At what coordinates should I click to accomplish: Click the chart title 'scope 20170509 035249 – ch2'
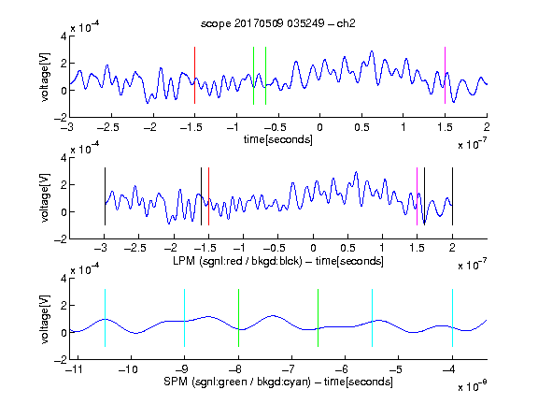[278, 23]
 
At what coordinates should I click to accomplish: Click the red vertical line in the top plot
[194, 75]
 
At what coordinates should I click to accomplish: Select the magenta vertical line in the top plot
[445, 75]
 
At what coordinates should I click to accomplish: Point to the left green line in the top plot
[253, 76]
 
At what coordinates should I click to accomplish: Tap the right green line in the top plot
[265, 76]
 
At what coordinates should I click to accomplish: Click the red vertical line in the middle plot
[208, 196]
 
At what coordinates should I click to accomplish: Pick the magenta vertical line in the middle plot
[417, 196]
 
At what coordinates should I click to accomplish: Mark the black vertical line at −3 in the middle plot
[105, 196]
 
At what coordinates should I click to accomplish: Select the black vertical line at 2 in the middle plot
[453, 196]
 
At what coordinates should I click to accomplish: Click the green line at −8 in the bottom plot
[238, 318]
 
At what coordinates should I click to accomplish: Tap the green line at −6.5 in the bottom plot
[319, 318]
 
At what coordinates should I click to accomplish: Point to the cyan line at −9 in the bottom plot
[185, 318]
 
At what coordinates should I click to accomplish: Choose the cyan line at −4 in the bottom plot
[453, 318]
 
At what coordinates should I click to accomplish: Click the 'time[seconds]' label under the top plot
[278, 139]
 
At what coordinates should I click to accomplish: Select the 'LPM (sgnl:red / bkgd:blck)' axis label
[237, 261]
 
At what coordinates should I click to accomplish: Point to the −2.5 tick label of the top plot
[108, 127]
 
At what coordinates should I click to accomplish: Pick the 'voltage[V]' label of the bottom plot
[45, 319]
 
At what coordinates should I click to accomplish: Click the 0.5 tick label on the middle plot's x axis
[347, 248]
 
